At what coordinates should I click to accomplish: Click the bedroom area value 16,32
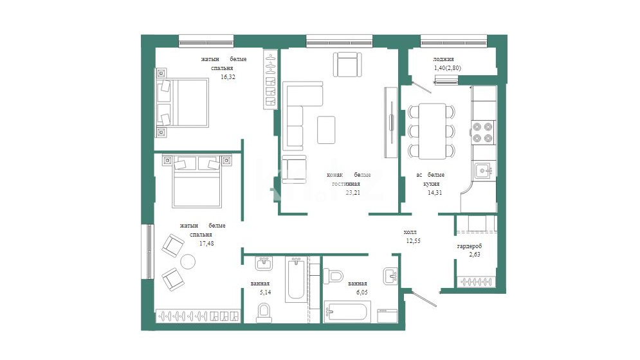click(228, 76)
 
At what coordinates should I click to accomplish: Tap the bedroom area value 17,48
click(206, 243)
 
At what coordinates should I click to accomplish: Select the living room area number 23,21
click(353, 193)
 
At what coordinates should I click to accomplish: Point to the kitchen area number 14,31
click(435, 193)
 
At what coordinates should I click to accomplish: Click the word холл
click(410, 232)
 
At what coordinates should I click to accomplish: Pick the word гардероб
click(470, 246)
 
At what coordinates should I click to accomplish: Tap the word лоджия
click(443, 59)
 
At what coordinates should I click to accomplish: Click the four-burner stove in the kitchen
click(483, 132)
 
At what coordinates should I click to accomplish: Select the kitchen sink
click(484, 170)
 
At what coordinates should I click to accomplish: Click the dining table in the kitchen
click(432, 131)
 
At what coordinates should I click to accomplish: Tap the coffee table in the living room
click(326, 130)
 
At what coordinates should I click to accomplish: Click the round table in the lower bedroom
click(188, 262)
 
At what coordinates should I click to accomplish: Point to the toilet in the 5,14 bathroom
click(264, 312)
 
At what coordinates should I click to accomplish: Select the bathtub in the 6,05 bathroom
click(347, 312)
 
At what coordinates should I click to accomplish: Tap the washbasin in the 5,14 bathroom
click(264, 264)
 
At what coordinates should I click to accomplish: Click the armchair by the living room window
click(347, 64)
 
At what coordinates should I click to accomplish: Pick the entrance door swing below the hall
click(424, 298)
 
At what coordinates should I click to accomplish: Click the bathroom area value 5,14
click(265, 292)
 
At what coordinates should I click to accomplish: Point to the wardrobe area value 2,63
click(475, 255)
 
